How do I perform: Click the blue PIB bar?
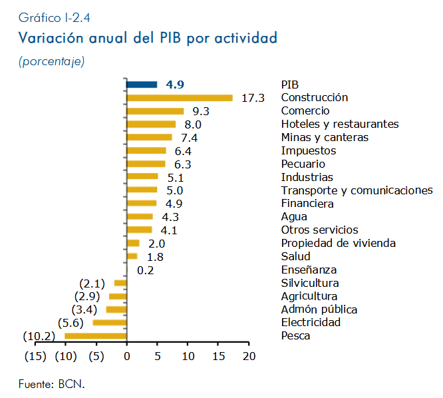point(142,85)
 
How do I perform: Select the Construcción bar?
point(180,98)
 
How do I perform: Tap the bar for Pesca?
point(96,336)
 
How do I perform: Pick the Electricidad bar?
point(110,323)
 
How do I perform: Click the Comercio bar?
point(155,111)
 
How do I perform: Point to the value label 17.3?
point(253,98)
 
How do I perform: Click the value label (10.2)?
point(39,336)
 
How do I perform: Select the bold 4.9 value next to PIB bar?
point(175,85)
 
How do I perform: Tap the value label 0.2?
point(146,270)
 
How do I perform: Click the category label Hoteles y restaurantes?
point(340,124)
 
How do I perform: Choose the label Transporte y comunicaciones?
point(357,190)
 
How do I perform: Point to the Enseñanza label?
point(309,270)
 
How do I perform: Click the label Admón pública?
point(319,309)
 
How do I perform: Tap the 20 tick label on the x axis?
point(249,356)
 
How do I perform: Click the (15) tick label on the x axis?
point(35,356)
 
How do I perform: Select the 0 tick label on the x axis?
point(127,356)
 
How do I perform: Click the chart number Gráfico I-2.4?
point(55,18)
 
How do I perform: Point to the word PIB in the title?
point(170,37)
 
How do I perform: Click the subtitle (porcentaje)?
point(52,61)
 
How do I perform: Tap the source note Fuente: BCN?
point(52,384)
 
